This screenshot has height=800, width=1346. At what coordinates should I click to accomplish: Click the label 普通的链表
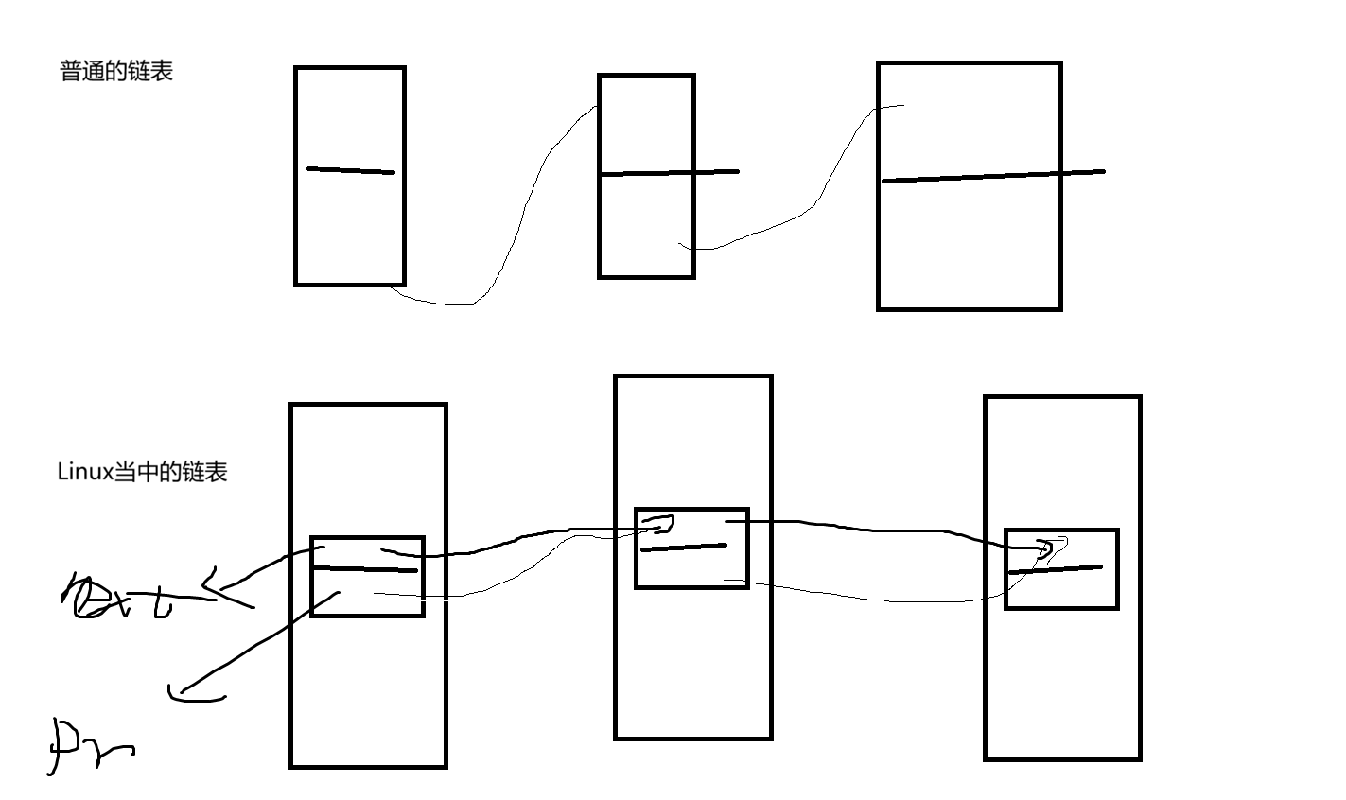click(116, 72)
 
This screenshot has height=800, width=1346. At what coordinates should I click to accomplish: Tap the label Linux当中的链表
click(142, 472)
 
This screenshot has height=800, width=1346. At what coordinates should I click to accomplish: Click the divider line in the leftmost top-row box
click(350, 171)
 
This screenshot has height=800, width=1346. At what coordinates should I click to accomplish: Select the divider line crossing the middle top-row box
click(669, 173)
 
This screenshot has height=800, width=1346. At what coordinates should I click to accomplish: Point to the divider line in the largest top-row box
click(993, 176)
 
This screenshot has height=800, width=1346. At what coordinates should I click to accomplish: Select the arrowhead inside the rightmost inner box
click(1045, 549)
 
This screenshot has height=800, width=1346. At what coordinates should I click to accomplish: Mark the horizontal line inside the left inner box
click(366, 569)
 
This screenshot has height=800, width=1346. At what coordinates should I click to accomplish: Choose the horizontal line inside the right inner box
click(1056, 569)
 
